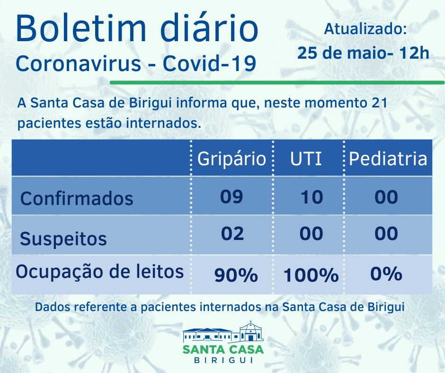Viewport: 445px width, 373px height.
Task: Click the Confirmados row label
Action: pos(77,198)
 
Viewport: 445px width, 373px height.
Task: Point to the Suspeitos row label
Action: pos(63,239)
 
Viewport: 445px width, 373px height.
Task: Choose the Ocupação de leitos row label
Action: pos(100,272)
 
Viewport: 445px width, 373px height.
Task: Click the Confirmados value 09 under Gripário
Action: pos(231,196)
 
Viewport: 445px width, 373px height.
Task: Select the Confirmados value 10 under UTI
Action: pos(311,196)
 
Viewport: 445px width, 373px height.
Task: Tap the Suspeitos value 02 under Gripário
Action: pos(232,233)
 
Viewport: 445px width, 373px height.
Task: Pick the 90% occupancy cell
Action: pos(236,275)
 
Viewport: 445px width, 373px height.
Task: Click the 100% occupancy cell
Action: pos(311,275)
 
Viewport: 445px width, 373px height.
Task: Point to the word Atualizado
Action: pos(365,29)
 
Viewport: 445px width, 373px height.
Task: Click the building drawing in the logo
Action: pos(223,332)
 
